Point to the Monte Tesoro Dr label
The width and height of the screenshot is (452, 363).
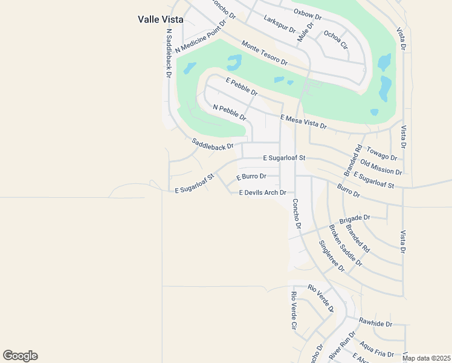(264, 53)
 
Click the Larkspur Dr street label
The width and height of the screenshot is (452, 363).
(280, 24)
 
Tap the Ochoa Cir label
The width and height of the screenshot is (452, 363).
(336, 39)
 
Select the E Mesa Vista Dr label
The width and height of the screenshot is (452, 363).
(303, 122)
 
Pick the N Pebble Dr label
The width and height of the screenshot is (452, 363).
(230, 112)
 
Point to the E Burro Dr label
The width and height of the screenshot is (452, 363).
(251, 177)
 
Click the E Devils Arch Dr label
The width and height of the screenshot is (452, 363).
(262, 192)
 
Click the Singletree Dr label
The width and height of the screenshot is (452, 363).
(331, 255)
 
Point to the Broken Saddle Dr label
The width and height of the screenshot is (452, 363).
(345, 246)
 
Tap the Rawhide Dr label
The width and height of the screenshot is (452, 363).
(375, 323)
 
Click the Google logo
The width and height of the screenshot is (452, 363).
(20, 356)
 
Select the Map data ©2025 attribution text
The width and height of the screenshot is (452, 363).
(426, 358)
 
